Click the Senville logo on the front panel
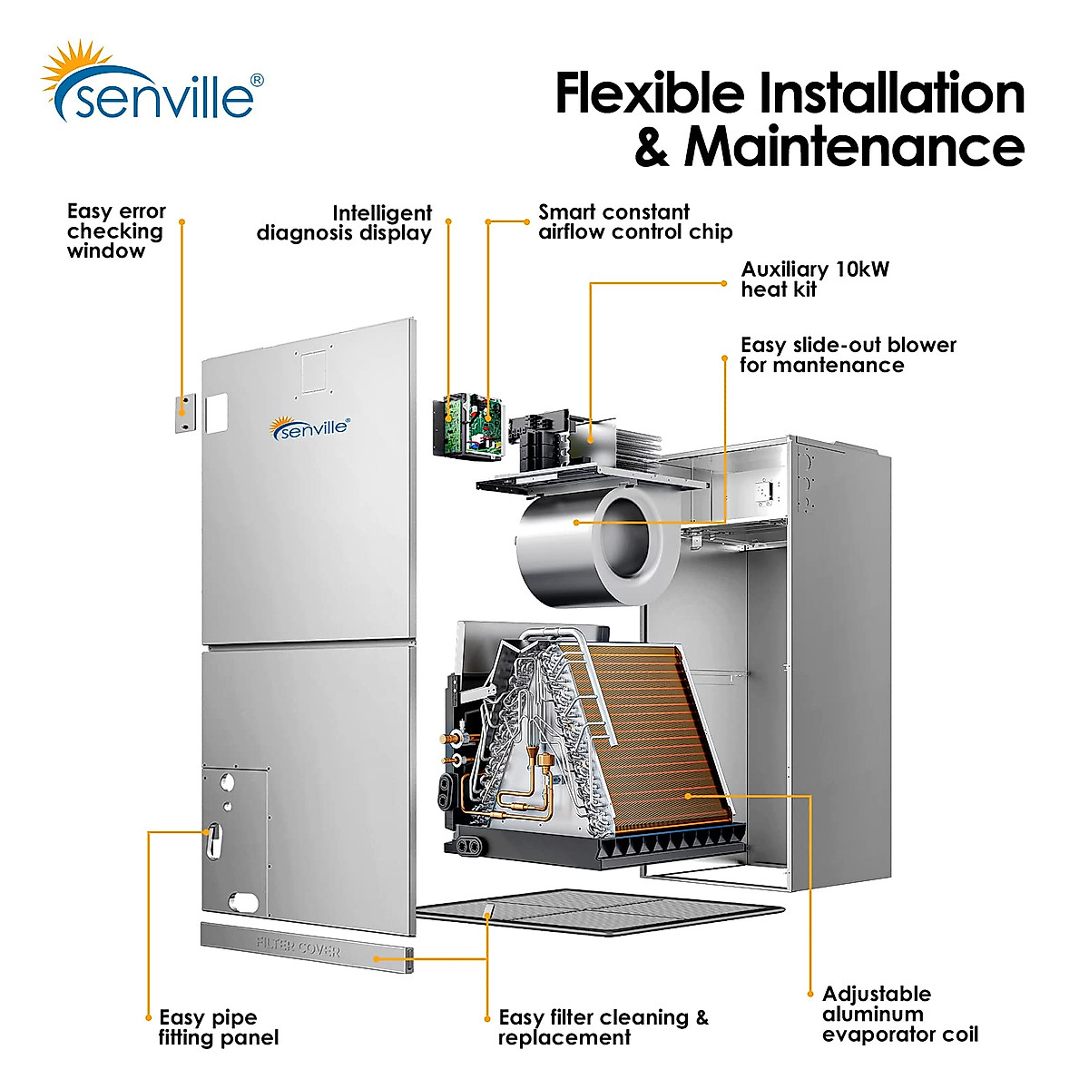coord(309,428)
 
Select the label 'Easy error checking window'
coord(115,231)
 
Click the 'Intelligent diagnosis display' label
coord(345,223)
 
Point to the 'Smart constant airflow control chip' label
coord(634,222)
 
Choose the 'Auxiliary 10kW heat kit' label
coord(814,280)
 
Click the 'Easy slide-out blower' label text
coord(847,355)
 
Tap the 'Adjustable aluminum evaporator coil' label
coord(898,1014)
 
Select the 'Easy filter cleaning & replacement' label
coord(603,1027)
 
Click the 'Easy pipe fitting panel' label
coord(218,1027)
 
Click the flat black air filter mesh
coord(599,912)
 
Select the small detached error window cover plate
coord(184,414)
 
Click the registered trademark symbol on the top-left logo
coord(257,80)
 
